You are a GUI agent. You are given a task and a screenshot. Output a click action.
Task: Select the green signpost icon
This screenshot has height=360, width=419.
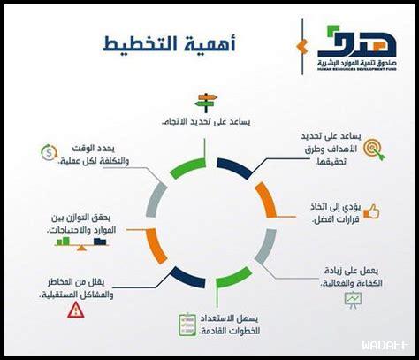point(208,102)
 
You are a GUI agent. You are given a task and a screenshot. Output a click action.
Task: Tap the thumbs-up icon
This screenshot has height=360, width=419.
point(371,211)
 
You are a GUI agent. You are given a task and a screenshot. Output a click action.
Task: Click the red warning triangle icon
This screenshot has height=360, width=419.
point(76,309)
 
